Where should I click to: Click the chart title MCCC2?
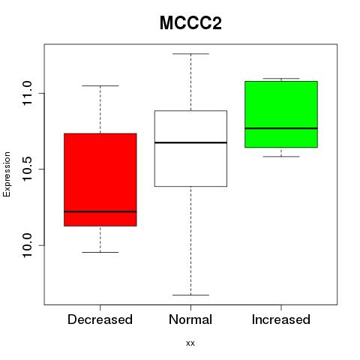pyautogui.click(x=190, y=23)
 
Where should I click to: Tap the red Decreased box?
pyautogui.click(x=100, y=180)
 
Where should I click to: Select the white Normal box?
pyautogui.click(x=190, y=148)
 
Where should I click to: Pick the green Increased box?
pyautogui.click(x=281, y=114)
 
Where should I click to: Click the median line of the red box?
pyautogui.click(x=100, y=211)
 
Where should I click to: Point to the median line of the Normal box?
pyautogui.click(x=190, y=142)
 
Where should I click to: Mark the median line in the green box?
pyautogui.click(x=281, y=128)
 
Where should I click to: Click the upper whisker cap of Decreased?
pyautogui.click(x=100, y=85)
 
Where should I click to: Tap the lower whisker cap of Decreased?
pyautogui.click(x=100, y=252)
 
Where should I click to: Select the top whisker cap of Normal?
pyautogui.click(x=190, y=53)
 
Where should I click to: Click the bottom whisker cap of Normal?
pyautogui.click(x=190, y=295)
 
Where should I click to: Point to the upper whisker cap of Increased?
pyautogui.click(x=281, y=79)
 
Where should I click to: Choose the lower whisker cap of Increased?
pyautogui.click(x=281, y=157)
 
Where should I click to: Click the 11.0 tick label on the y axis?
pyautogui.click(x=27, y=93)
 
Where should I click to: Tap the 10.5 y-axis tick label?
pyautogui.click(x=27, y=169)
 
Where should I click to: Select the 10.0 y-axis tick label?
pyautogui.click(x=27, y=245)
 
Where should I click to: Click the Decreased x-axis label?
pyautogui.click(x=100, y=319)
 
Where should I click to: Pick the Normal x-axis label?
pyautogui.click(x=190, y=319)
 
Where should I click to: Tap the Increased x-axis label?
pyautogui.click(x=281, y=319)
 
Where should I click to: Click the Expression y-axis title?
pyautogui.click(x=7, y=174)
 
